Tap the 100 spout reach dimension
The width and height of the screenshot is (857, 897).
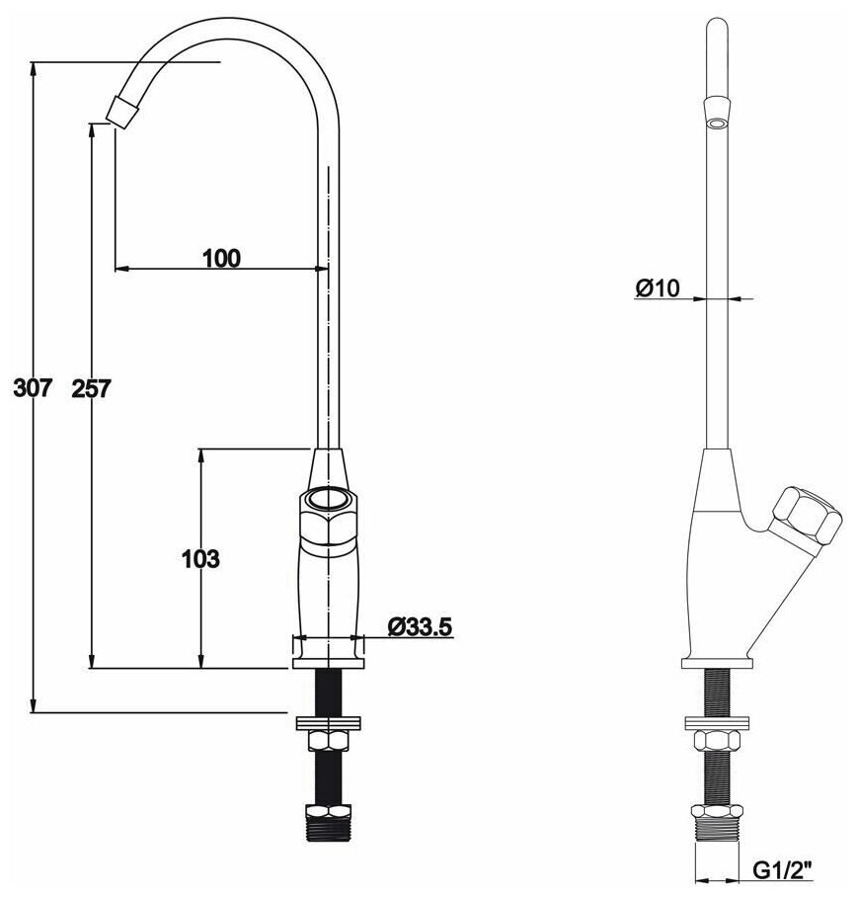[221, 259]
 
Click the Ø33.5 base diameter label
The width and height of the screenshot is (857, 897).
[420, 626]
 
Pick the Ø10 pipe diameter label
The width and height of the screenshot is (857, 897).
[659, 287]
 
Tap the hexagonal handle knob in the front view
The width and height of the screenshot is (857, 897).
[328, 514]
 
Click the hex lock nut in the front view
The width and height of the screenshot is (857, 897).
[328, 740]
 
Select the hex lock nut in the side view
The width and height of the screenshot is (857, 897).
[716, 740]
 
